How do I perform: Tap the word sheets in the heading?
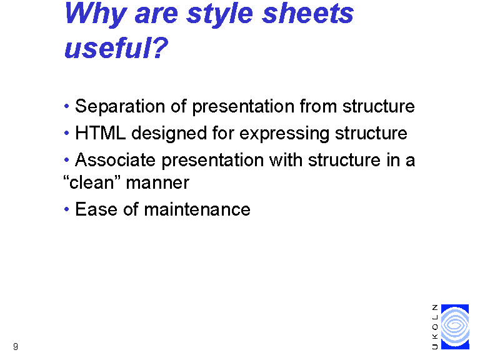(308, 14)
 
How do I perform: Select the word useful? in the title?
(116, 47)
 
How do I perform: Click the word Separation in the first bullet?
(120, 106)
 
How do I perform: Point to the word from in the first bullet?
(318, 106)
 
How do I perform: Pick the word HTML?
(101, 133)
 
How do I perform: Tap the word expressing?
(284, 134)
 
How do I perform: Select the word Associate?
(115, 160)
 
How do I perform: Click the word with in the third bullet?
(286, 160)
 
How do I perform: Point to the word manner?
(157, 183)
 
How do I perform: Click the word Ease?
(96, 209)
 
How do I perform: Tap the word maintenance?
(197, 209)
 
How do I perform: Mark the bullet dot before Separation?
(67, 106)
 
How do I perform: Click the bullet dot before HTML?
(67, 133)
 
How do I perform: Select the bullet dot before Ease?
(67, 209)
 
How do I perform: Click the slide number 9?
(16, 346)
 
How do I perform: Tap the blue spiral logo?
(455, 327)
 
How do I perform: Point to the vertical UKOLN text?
(435, 327)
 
